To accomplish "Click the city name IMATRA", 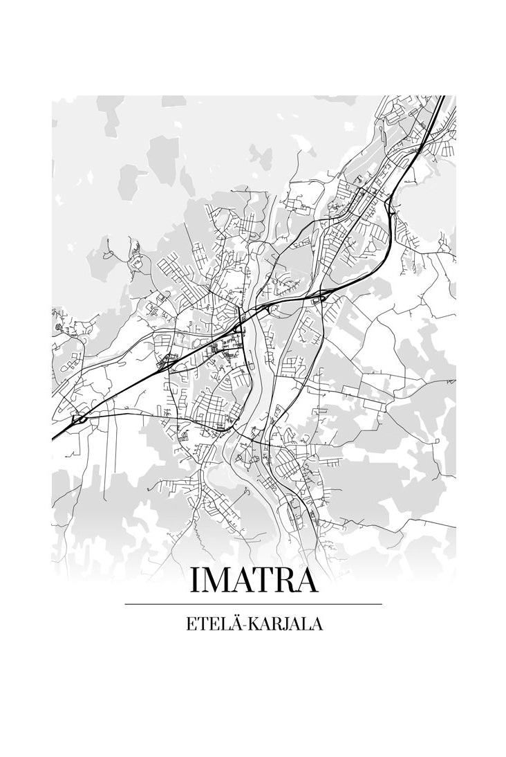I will pyautogui.click(x=253, y=580).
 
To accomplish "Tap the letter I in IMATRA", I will pyautogui.click(x=195, y=581).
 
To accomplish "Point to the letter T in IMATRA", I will pyautogui.click(x=265, y=581).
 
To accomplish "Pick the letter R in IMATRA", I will pyautogui.click(x=286, y=581).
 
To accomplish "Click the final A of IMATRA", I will pyautogui.click(x=308, y=581).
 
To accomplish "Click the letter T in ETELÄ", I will pyautogui.click(x=200, y=623).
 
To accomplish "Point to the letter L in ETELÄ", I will pyautogui.click(x=221, y=623).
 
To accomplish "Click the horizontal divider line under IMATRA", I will pyautogui.click(x=253, y=604).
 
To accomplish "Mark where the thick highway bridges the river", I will pyautogui.click(x=253, y=315).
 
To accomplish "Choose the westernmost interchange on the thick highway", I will pyautogui.click(x=79, y=419).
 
